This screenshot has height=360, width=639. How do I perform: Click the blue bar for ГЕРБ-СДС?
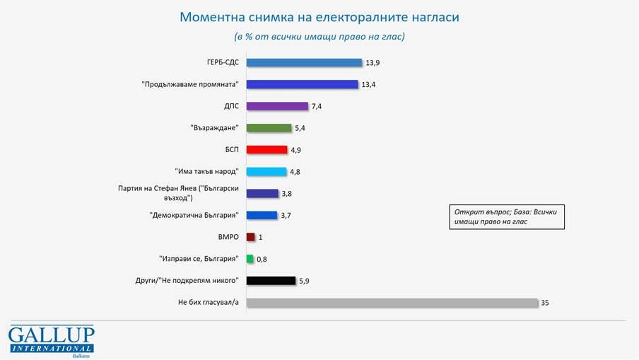[304, 62]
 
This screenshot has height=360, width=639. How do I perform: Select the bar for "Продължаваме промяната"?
[303, 84]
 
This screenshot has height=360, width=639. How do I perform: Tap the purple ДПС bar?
[278, 106]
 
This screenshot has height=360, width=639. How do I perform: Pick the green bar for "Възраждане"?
[269, 128]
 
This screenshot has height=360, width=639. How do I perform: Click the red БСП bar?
[267, 150]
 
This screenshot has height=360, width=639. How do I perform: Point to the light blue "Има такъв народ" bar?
[266, 171]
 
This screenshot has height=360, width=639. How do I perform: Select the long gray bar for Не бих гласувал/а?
[392, 303]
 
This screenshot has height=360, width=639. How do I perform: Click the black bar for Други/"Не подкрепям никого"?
[271, 281]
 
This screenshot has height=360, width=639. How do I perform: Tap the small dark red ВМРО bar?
[250, 237]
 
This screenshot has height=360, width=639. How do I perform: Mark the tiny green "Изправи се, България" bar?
[250, 259]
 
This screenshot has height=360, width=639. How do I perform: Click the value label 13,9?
[373, 63]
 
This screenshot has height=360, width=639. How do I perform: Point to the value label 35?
[545, 303]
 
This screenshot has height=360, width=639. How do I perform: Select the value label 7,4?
[317, 106]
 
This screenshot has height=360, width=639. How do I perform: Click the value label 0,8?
[262, 260]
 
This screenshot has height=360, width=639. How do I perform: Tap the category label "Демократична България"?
[194, 215]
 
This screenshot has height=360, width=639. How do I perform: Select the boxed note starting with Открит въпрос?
[507, 216]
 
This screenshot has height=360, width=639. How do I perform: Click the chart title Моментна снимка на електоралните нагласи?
[319, 16]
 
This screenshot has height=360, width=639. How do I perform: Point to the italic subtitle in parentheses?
[319, 35]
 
